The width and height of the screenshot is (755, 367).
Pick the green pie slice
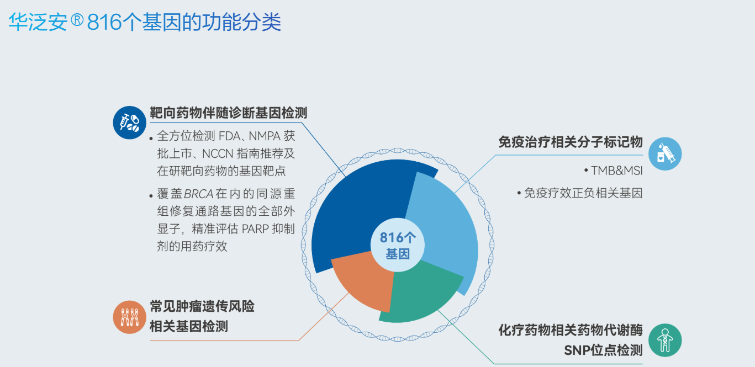[x=421, y=293]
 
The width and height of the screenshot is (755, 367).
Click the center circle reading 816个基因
[x=398, y=245]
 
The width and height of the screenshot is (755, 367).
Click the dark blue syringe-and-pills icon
[x=129, y=123]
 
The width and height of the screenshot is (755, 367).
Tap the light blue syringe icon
[x=665, y=154]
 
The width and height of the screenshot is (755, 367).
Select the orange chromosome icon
[x=129, y=317]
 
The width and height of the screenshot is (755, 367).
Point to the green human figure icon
[x=665, y=341]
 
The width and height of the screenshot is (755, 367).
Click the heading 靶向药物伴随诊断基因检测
[x=229, y=113]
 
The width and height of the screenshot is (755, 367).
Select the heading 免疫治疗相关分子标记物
[x=571, y=142]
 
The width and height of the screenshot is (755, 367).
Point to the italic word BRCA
[x=199, y=194]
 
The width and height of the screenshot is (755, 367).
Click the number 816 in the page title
[x=104, y=22]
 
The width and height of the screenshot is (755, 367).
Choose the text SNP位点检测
[x=603, y=350]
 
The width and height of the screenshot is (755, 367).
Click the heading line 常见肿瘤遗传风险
[x=202, y=307]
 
